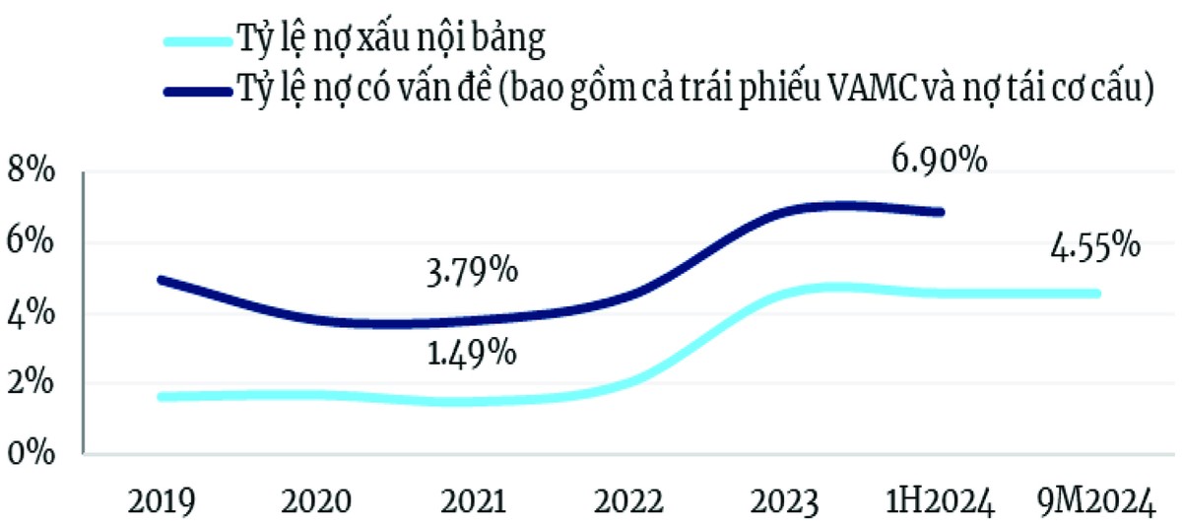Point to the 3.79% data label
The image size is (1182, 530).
[465, 271]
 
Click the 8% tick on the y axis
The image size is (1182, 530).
[34, 173]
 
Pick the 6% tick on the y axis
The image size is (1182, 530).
[34, 244]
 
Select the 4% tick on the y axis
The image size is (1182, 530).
[34, 315]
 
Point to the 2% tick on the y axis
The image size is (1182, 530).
[34, 385]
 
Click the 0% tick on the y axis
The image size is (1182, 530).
[34, 455]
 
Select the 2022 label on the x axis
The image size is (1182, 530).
[627, 504]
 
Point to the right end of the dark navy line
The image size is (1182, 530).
[941, 212]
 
